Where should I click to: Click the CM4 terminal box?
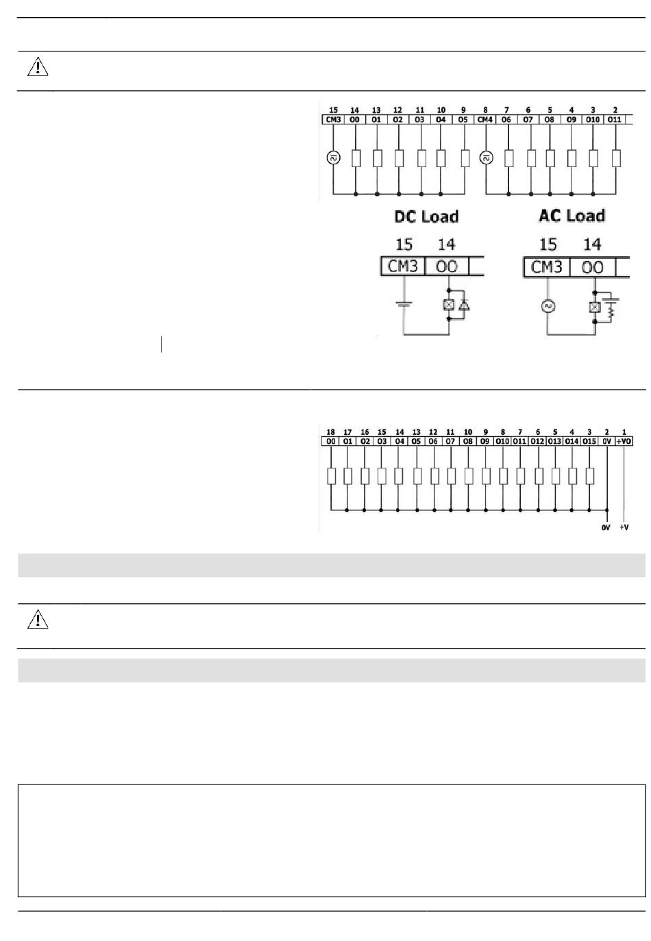(x=484, y=120)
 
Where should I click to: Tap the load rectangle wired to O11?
(x=616, y=158)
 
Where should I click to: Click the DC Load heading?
(x=426, y=216)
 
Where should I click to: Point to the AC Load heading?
(x=572, y=216)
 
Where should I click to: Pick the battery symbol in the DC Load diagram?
(x=404, y=302)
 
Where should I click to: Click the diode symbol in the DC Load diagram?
(x=464, y=306)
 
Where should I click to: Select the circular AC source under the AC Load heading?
(x=548, y=306)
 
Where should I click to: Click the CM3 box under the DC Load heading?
(x=403, y=266)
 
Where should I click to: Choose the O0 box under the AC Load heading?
(x=592, y=266)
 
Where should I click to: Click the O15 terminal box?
(x=589, y=442)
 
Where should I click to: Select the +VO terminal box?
(x=624, y=442)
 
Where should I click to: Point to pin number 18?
(x=330, y=432)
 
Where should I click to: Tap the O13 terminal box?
(x=554, y=442)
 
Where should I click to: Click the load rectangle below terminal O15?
(x=589, y=476)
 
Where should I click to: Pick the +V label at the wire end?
(x=624, y=527)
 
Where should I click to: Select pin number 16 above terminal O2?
(x=365, y=432)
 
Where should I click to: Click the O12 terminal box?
(x=537, y=442)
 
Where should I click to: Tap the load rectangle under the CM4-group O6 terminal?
(x=508, y=158)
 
